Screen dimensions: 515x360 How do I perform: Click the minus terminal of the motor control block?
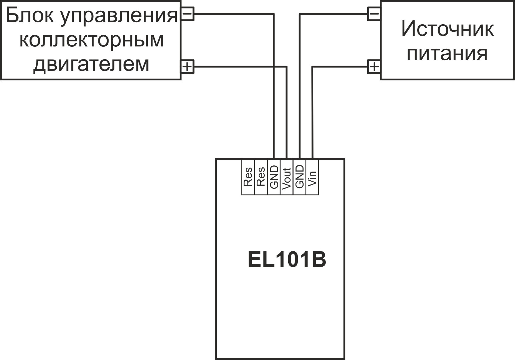[x=188, y=14]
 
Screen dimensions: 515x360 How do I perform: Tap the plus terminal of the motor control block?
[x=188, y=67]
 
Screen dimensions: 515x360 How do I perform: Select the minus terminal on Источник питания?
[x=374, y=14]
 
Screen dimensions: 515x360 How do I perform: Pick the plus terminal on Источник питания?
[x=374, y=67]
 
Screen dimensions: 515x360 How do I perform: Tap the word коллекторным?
[x=91, y=40]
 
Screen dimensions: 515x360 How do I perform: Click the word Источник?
[x=448, y=29]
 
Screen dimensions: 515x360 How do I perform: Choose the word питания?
[x=447, y=54]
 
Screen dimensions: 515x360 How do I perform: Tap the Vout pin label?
[x=287, y=179]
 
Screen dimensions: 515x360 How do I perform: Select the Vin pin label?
[x=313, y=179]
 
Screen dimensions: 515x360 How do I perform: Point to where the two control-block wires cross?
[x=274, y=67]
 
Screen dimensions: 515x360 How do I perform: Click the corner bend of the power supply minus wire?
[x=300, y=14]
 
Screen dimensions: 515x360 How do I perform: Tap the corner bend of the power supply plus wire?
[x=313, y=67]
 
